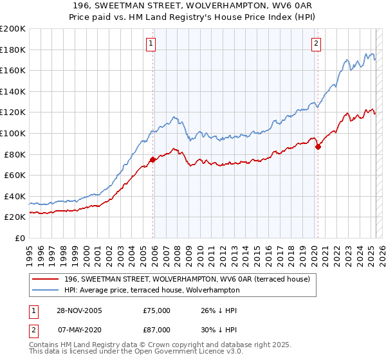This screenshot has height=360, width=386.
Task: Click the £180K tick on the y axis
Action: coord(13,50)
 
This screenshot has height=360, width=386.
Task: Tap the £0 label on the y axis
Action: coord(20,238)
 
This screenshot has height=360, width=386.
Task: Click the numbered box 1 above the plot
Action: coord(151,44)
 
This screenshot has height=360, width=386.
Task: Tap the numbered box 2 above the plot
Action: coord(317,44)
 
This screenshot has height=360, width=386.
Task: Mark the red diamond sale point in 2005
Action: coord(153,159)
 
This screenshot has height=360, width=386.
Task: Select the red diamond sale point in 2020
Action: coord(318,147)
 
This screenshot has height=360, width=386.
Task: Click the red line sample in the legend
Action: coord(46,279)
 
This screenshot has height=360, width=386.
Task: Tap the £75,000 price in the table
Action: coord(157,310)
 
